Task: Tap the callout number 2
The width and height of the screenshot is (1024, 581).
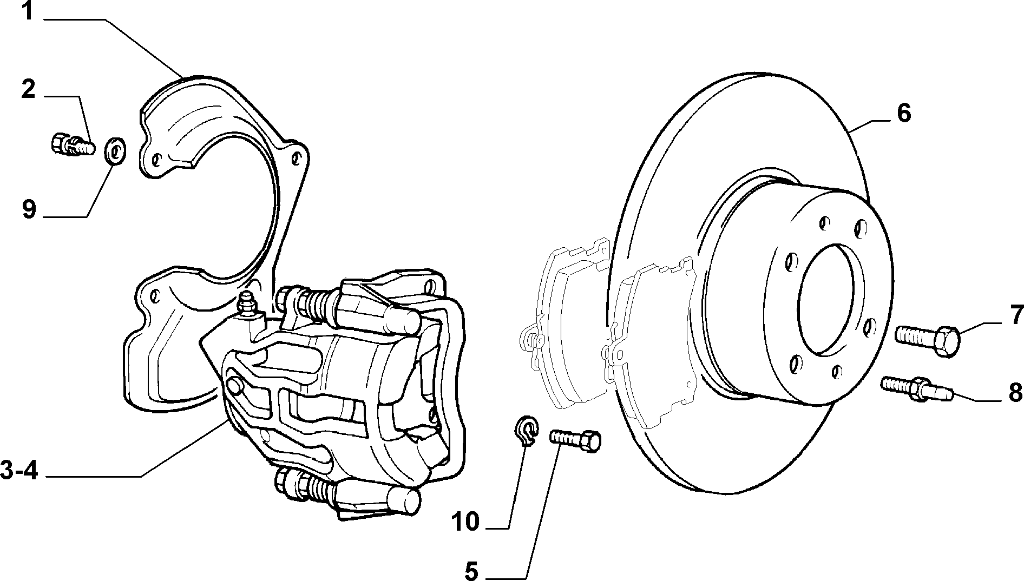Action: click(x=28, y=89)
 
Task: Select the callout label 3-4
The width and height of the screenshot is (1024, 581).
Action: click(x=18, y=471)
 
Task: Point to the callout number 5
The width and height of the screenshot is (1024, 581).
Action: click(x=472, y=570)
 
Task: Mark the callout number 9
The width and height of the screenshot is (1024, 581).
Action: click(x=29, y=209)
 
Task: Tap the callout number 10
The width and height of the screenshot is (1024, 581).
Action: click(x=466, y=522)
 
